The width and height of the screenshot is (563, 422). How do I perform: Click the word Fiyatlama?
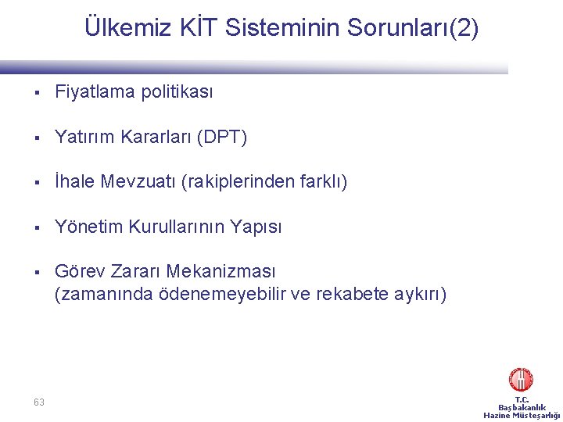95,92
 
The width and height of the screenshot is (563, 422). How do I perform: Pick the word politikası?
177,92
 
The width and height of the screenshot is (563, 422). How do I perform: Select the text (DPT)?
223,138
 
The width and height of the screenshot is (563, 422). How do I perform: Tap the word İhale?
75,182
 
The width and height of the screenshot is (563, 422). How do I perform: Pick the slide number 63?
39,402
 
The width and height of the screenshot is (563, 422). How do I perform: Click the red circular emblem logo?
521,380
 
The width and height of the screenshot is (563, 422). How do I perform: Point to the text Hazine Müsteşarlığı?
522,416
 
